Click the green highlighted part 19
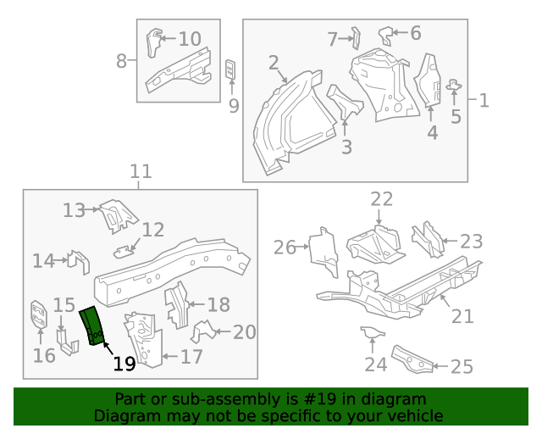coord(91,327)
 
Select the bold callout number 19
coord(124,364)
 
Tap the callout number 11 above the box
coord(141,172)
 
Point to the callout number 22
coord(382,199)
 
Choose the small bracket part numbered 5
coord(454,85)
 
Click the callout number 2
coord(274,62)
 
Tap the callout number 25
coord(462,366)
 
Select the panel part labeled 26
coord(324,252)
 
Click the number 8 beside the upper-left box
coord(122,61)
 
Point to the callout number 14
coord(43,261)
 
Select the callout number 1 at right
coord(484,101)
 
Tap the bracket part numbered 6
coord(387,35)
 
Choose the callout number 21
coord(462,316)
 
